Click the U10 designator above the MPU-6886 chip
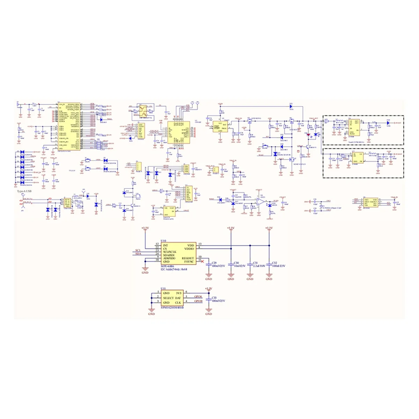pyautogui.click(x=163, y=241)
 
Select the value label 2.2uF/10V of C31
pyautogui.click(x=259, y=266)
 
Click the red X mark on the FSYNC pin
pyautogui.click(x=202, y=261)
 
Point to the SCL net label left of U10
pyautogui.click(x=138, y=250)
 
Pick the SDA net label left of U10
pyautogui.click(x=138, y=254)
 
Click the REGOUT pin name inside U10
pyautogui.click(x=188, y=258)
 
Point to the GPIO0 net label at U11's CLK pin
pyautogui.click(x=199, y=301)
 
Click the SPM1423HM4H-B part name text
pyautogui.click(x=172, y=307)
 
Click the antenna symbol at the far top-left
pyautogui.click(x=18, y=104)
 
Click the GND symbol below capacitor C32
pyautogui.click(x=269, y=279)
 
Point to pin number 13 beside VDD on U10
pyautogui.click(x=200, y=244)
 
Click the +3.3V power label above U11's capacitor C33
pyautogui.click(x=208, y=288)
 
